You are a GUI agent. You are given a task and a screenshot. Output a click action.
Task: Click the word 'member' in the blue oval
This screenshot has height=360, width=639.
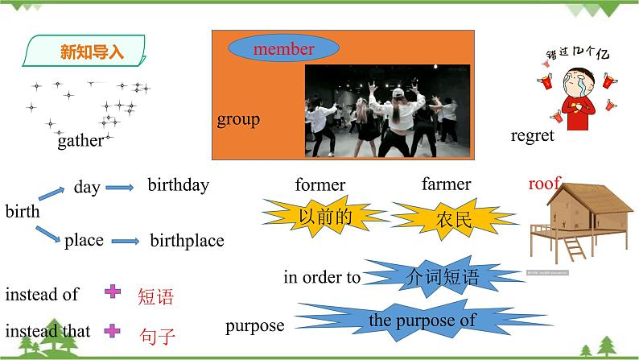(283, 49)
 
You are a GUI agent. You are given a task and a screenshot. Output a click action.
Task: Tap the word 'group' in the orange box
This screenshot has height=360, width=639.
(238, 120)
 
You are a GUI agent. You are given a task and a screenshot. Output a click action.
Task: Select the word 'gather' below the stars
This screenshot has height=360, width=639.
(80, 141)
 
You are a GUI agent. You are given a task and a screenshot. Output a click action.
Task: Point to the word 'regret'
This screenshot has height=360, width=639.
(532, 135)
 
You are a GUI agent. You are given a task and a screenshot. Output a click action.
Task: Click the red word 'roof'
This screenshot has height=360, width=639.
(543, 184)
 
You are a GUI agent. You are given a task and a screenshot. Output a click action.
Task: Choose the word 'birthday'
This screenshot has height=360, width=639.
(178, 185)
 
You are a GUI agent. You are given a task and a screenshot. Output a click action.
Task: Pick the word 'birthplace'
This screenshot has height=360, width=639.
(187, 240)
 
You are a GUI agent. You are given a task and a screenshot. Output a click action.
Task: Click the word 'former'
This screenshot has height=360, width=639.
(319, 185)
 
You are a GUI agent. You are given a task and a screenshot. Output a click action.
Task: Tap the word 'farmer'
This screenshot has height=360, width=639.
(446, 184)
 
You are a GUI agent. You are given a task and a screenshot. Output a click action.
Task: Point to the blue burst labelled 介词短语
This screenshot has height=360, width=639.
(443, 277)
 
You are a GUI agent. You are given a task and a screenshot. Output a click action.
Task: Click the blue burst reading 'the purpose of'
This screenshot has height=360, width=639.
(421, 321)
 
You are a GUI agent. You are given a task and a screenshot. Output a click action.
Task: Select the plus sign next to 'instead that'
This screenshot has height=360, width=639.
(113, 329)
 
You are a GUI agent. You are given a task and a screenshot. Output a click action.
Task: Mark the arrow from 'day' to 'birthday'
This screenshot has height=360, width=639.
(121, 188)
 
